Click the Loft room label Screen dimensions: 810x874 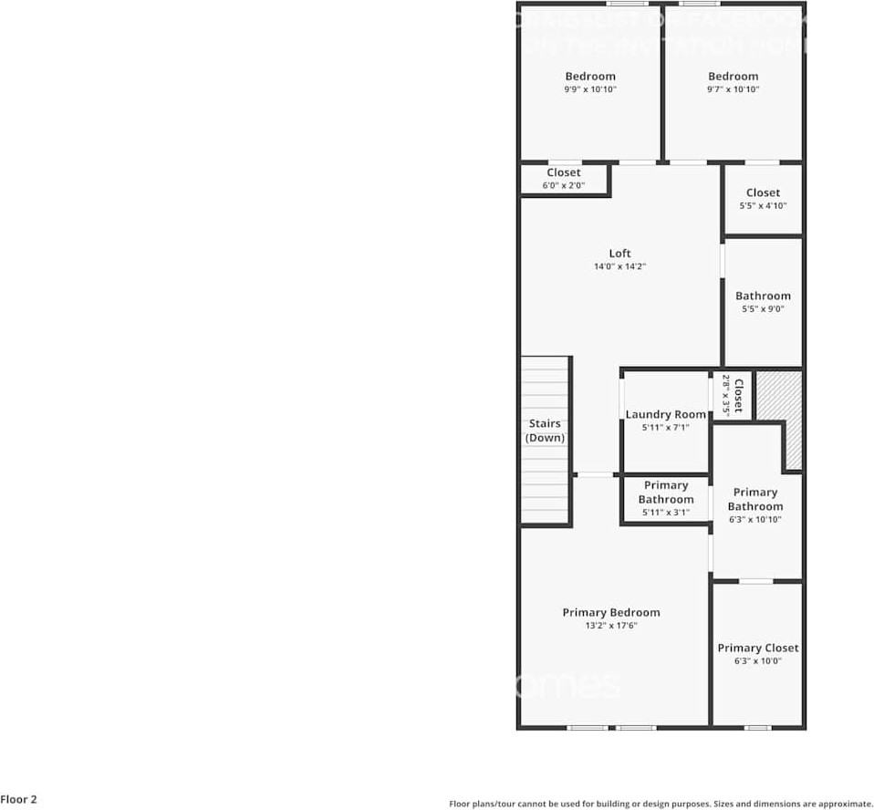pos(619,254)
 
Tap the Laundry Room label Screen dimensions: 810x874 pos(665,414)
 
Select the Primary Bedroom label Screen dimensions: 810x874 pos(610,612)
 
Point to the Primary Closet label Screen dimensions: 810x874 pos(757,648)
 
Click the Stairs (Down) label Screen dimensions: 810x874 pos(545,431)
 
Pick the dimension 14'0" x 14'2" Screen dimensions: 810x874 pos(619,267)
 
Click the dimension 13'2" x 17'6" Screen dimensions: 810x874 pos(610,626)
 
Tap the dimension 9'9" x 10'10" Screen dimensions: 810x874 pos(590,89)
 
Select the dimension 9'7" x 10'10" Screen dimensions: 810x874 pos(733,89)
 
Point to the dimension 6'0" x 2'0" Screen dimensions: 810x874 pos(563,185)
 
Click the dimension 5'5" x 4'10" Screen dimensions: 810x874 pos(763,206)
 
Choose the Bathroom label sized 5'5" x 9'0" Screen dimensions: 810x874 pos(763,296)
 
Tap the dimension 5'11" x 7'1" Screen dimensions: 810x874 pos(665,427)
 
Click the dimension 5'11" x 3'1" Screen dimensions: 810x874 pos(665,513)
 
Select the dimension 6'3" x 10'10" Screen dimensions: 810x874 pos(754,520)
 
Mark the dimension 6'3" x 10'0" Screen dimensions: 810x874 pos(757,661)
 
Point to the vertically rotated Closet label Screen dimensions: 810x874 pos(738,395)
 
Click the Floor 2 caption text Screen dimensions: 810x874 pos(19,799)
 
